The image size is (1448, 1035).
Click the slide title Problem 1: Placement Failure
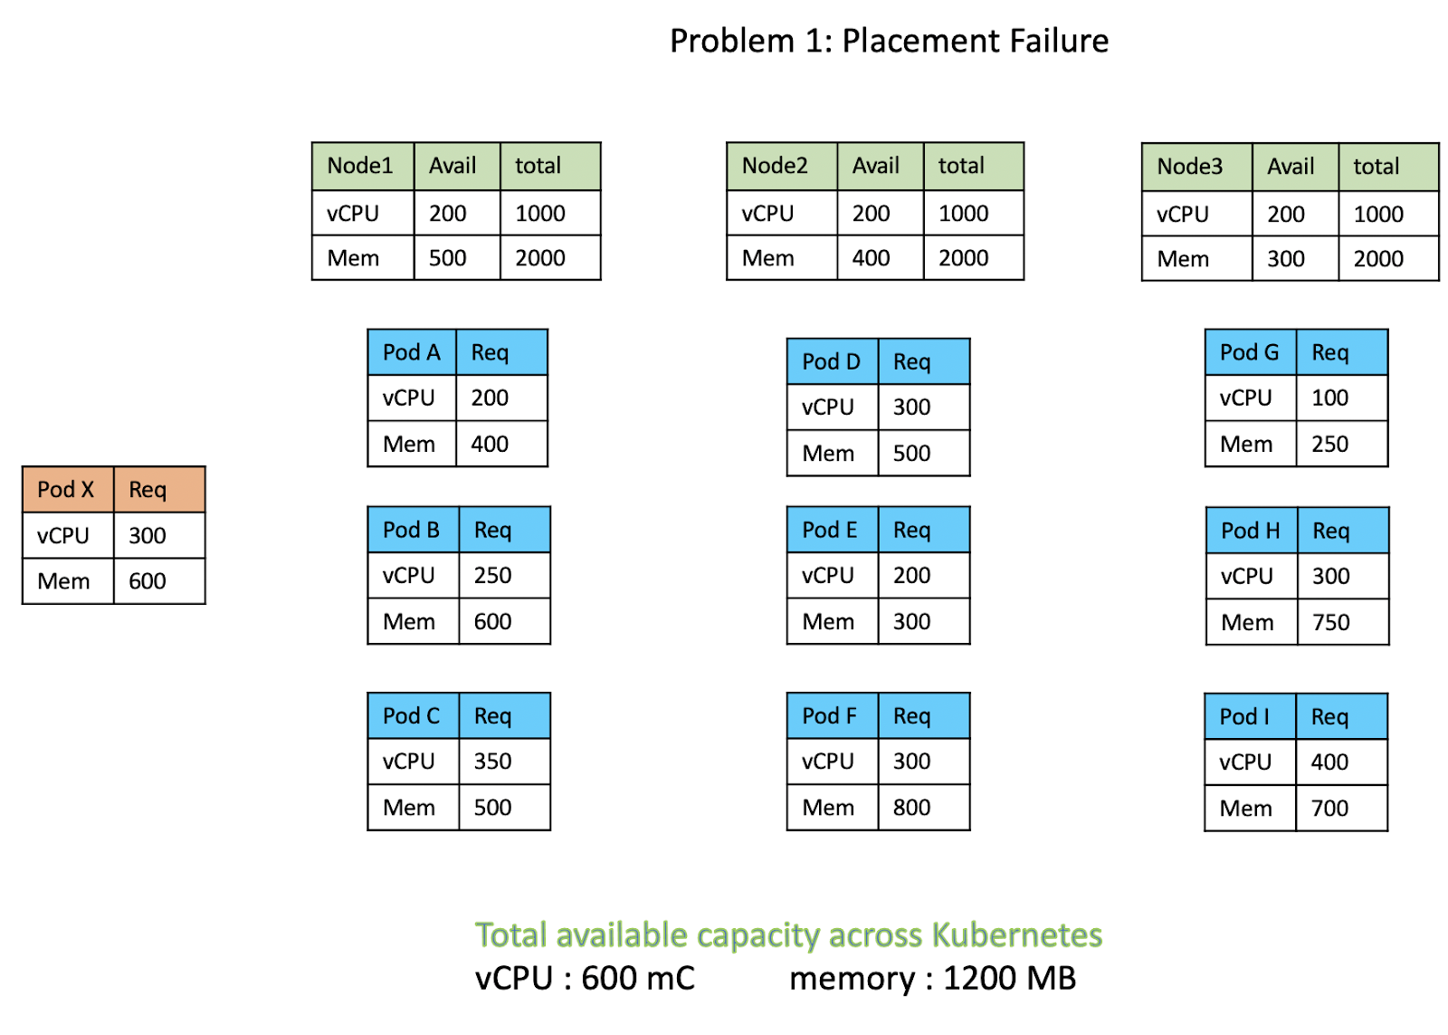tap(889, 41)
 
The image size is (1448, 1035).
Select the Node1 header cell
tap(360, 166)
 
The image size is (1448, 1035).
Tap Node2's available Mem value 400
tap(871, 258)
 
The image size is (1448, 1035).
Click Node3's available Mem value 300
tap(1285, 259)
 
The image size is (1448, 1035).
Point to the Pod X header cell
tap(66, 490)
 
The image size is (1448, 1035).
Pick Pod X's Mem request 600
tap(148, 581)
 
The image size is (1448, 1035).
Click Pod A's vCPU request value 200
tap(490, 398)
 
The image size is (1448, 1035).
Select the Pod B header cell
tap(411, 530)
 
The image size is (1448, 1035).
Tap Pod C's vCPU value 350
tap(492, 762)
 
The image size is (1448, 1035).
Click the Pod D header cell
tap(831, 362)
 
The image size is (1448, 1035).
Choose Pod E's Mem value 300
tap(911, 622)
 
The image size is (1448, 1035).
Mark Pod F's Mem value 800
tap(911, 808)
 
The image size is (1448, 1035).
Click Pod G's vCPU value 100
tap(1329, 398)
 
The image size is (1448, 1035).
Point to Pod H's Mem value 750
tap(1330, 623)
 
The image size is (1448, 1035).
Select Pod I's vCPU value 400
tap(1329, 762)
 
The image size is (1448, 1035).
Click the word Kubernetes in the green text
tap(1016, 934)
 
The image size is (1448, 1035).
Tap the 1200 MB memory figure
tap(1009, 979)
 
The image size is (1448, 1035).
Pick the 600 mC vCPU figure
tap(637, 979)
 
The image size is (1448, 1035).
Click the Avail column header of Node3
tap(1291, 167)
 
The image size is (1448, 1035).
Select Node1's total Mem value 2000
tap(540, 258)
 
